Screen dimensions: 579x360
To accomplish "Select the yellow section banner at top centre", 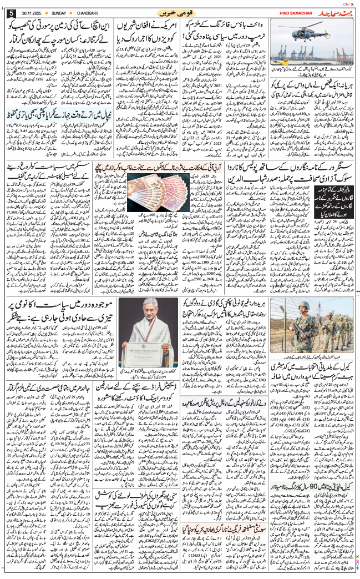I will [x=179, y=12].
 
